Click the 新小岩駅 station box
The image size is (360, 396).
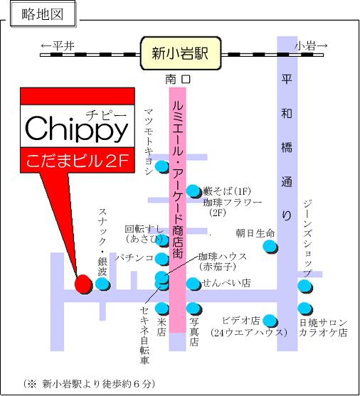[181, 53]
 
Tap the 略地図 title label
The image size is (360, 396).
[43, 14]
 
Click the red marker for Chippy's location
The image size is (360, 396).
[83, 284]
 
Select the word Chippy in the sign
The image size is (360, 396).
[77, 129]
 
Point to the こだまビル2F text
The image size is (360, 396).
[77, 161]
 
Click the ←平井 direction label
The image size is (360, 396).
[58, 46]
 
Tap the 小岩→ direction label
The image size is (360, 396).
[311, 46]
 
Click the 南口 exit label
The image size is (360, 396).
[178, 80]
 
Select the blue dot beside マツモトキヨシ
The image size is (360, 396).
[162, 166]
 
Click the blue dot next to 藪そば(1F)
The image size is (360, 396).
[194, 191]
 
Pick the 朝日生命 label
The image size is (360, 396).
[255, 233]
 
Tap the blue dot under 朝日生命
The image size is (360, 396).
[270, 247]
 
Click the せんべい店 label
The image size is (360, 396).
[226, 283]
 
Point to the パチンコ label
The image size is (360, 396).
[134, 258]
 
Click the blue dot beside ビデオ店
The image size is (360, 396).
[270, 321]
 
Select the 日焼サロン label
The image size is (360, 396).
[324, 323]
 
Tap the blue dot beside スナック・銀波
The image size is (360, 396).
[102, 284]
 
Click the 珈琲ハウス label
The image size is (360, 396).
[223, 257]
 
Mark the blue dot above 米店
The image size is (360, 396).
[162, 309]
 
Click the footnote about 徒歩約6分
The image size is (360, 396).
[89, 384]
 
